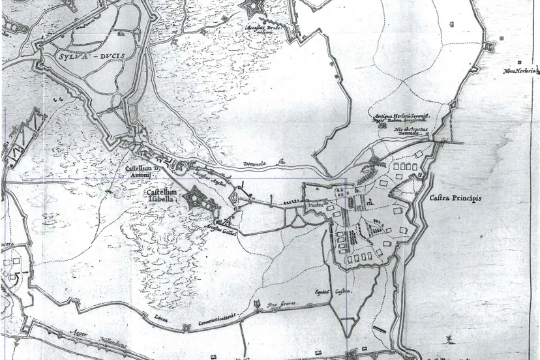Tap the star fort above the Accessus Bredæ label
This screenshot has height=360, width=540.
pos(250,8)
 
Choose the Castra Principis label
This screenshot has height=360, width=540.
pos(455,198)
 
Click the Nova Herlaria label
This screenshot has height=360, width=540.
pos(519,70)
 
